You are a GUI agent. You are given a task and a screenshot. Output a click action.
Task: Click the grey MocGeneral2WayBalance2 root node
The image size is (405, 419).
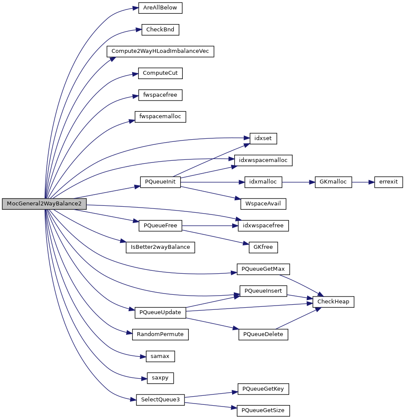44,204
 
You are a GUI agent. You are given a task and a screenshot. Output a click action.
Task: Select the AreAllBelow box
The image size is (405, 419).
160,8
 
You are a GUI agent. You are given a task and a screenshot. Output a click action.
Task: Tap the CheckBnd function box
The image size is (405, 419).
160,30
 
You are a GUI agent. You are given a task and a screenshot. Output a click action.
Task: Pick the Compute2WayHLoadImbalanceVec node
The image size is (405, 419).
160,51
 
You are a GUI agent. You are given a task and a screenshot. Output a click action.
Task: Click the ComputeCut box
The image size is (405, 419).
160,73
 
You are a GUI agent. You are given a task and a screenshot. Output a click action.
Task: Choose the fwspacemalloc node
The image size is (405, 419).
160,117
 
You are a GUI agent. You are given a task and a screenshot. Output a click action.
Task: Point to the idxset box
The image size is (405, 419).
263,138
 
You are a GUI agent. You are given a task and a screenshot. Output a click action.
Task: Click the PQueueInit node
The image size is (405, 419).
160,182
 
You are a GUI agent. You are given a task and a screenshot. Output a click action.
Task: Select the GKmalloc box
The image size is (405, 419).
333,182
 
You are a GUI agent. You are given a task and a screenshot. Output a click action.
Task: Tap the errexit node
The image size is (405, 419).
388,182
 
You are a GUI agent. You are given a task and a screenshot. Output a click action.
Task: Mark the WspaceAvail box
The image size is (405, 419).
263,204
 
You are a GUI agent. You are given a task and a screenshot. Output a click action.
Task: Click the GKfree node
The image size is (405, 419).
263,247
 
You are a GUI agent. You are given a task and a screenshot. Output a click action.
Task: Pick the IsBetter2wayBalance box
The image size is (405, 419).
160,248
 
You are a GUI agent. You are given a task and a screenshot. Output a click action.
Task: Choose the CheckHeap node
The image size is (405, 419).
334,302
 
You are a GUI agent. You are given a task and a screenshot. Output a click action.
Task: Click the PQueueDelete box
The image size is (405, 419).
263,334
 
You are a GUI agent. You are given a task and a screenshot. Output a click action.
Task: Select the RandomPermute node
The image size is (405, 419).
160,334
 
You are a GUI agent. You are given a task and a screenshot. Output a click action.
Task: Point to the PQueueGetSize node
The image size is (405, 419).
263,410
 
